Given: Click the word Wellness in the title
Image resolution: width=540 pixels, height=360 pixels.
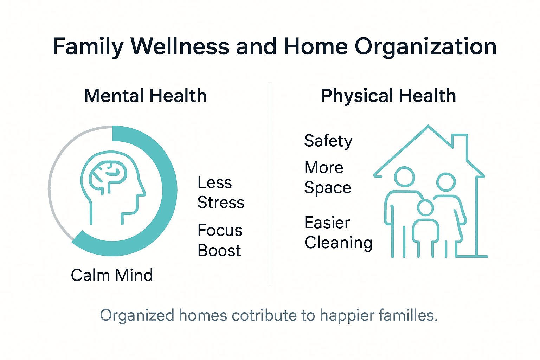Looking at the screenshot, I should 180,46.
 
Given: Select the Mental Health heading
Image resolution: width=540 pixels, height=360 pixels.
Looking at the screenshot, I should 145,96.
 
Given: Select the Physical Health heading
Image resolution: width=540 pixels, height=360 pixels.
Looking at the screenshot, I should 388,96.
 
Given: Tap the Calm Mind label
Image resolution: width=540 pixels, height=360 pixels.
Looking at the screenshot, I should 112,275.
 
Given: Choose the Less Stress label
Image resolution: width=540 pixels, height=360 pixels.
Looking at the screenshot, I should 220,192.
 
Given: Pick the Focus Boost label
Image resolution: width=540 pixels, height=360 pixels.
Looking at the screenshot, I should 220,240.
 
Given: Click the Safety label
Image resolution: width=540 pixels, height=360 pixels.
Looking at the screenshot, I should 328,141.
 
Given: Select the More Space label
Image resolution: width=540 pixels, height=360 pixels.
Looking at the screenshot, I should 327,177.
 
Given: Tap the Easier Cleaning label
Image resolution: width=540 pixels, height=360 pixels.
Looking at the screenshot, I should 338,232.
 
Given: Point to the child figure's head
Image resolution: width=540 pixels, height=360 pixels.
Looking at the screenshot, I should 425,208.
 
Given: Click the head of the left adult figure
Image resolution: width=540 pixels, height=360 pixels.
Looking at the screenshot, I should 404,176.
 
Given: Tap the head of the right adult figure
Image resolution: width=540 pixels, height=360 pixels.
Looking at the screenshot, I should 446,182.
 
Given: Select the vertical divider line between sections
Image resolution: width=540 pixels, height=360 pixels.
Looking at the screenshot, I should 270,183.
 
